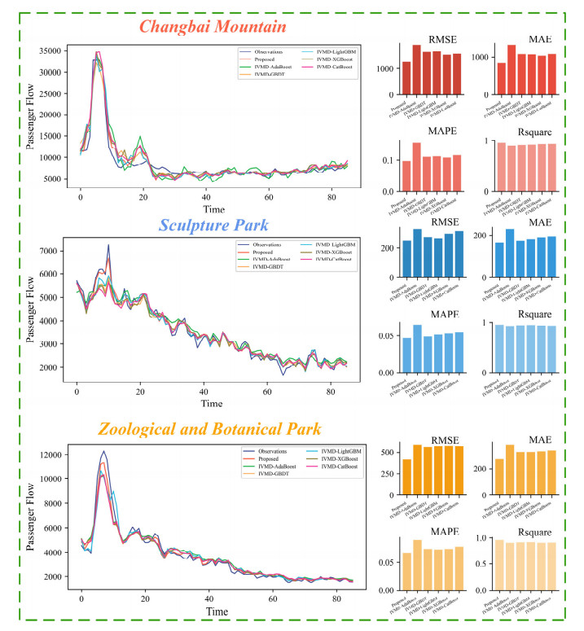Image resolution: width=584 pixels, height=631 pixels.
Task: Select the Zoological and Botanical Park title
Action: pyautogui.click(x=209, y=428)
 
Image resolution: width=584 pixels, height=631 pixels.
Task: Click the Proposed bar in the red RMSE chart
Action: pyautogui.click(x=406, y=78)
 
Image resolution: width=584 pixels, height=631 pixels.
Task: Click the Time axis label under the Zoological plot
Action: pyautogui.click(x=217, y=610)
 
